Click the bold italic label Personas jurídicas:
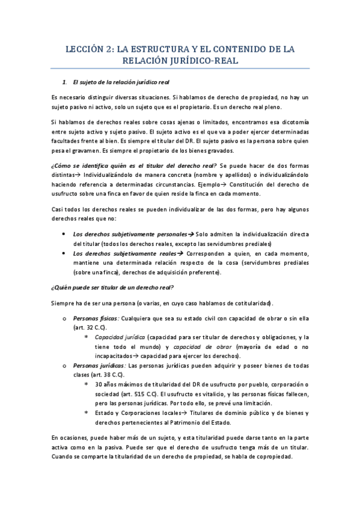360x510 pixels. pos(99,365)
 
